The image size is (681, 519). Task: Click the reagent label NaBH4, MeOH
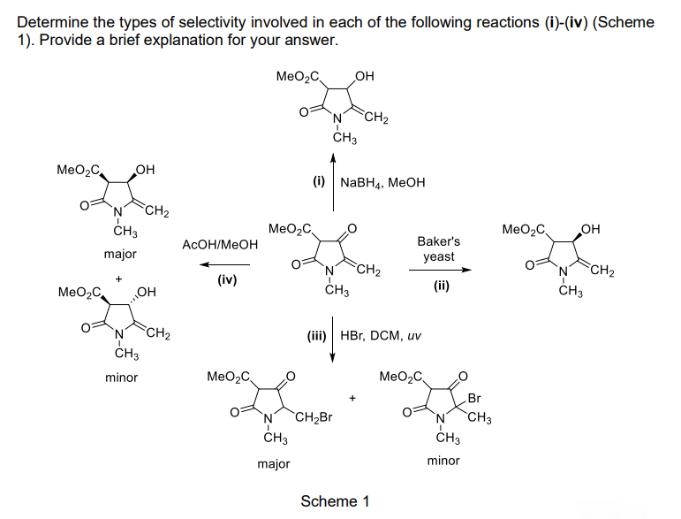pyautogui.click(x=382, y=182)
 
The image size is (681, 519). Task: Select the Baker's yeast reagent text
pyautogui.click(x=438, y=248)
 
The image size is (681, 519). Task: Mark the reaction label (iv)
pyautogui.click(x=222, y=279)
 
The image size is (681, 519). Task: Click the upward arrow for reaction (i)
pyautogui.click(x=333, y=181)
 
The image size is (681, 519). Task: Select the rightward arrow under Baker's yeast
pyautogui.click(x=439, y=271)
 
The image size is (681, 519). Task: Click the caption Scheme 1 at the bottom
pyautogui.click(x=335, y=501)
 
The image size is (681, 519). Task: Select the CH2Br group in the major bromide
pyautogui.click(x=312, y=417)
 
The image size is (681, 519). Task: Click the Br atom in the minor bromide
pyautogui.click(x=474, y=398)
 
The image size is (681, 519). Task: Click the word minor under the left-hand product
pyautogui.click(x=121, y=378)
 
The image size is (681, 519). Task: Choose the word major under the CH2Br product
pyautogui.click(x=274, y=462)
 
